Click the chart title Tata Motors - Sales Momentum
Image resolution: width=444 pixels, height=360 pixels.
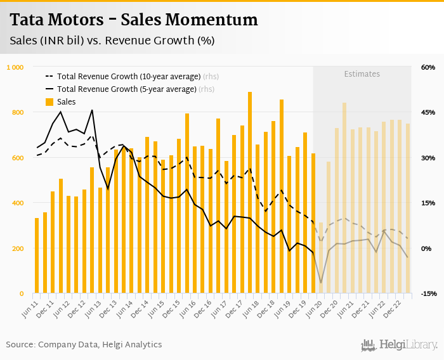(x=134, y=20)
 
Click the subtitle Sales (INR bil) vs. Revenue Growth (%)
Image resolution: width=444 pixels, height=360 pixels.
(x=112, y=41)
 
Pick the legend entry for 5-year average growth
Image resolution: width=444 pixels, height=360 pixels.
(x=127, y=89)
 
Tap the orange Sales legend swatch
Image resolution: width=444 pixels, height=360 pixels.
(x=49, y=102)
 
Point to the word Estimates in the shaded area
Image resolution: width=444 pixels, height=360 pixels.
(x=362, y=74)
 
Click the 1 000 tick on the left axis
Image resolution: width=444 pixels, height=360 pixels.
(x=15, y=67)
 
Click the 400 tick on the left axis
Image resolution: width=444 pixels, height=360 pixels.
(x=18, y=203)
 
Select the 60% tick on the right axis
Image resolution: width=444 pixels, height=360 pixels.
(x=427, y=67)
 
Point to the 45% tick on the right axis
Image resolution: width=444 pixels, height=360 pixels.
(x=427, y=113)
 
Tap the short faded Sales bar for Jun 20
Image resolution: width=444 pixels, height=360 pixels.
(x=320, y=258)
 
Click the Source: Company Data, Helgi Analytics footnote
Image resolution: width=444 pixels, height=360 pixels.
(x=84, y=344)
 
